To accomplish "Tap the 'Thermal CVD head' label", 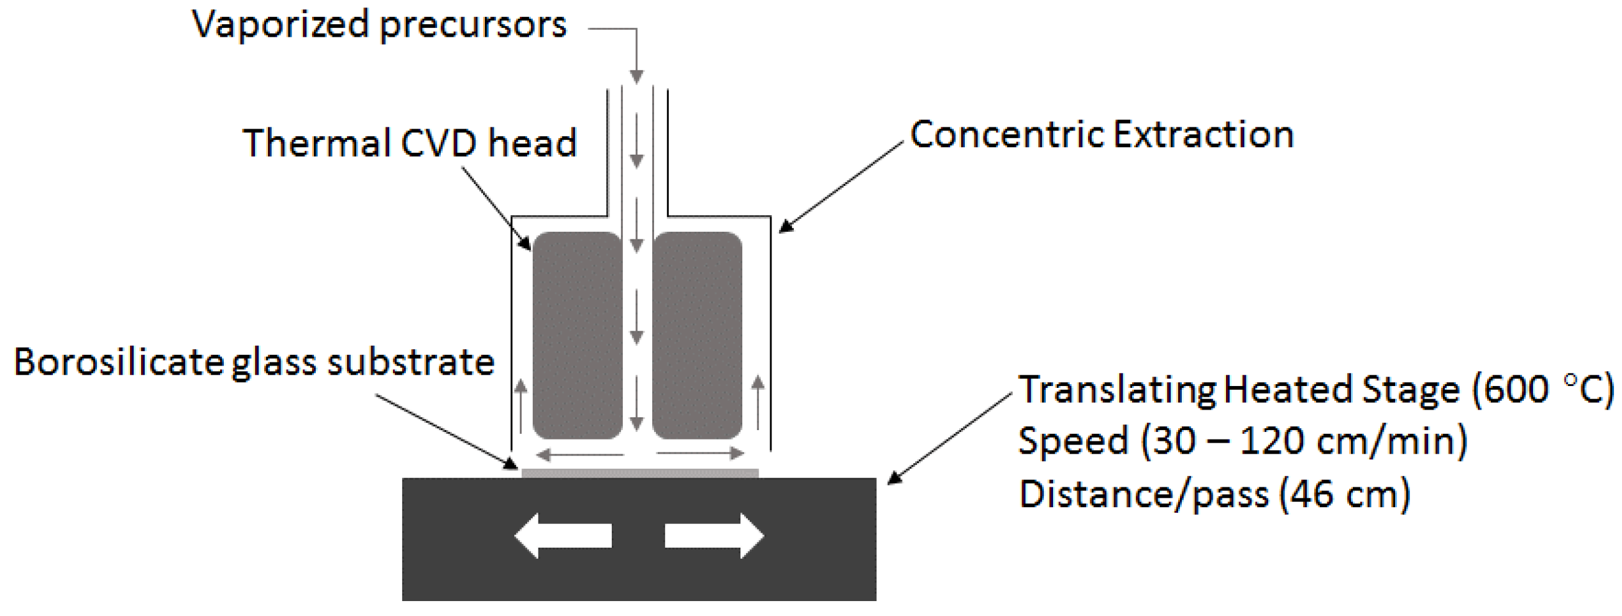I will [410, 143].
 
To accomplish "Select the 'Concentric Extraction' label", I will [1102, 136].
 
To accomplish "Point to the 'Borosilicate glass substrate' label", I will [254, 363].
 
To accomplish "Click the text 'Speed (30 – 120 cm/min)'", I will [1242, 441].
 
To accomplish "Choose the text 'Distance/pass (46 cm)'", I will [1214, 494].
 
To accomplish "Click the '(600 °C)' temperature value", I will [1542, 390].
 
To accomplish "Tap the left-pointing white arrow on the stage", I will [562, 536].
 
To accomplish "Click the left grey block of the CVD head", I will [577, 335].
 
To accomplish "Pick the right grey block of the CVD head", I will [697, 335].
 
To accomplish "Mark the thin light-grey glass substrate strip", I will [640, 473].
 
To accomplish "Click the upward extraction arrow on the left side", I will [521, 405].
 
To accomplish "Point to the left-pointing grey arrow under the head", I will [579, 454].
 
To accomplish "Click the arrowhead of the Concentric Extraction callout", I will [785, 228].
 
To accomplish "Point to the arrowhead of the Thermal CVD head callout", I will [526, 244].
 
